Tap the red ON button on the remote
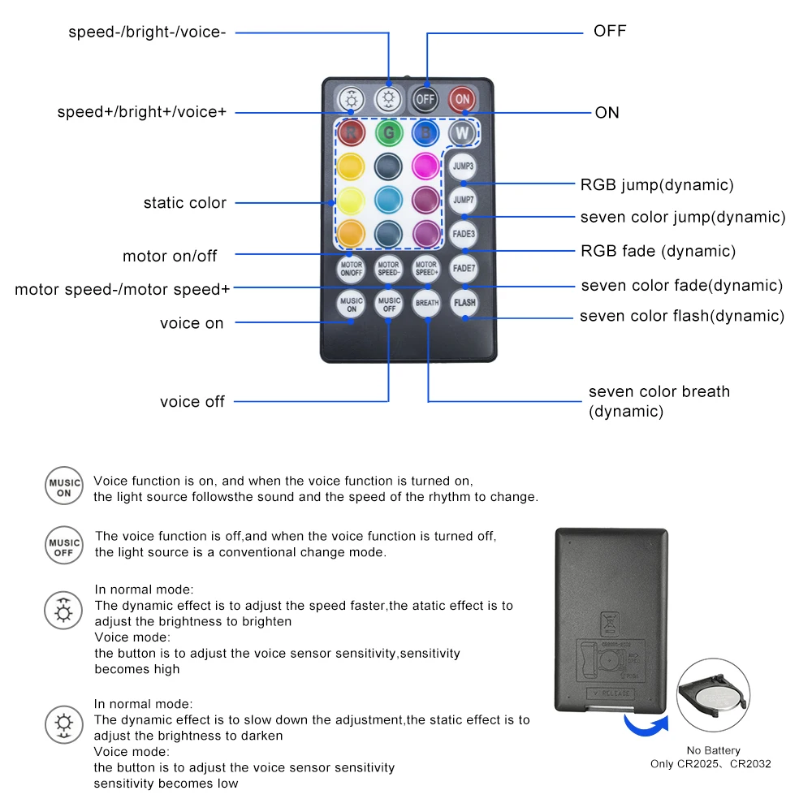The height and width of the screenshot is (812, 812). click(x=462, y=99)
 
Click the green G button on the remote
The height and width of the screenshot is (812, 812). click(x=389, y=132)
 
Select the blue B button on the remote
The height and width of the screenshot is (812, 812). click(x=425, y=132)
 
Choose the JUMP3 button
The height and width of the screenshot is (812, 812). click(x=463, y=166)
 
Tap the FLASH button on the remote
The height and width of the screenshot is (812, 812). click(x=464, y=303)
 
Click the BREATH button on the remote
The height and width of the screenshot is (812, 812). click(x=426, y=303)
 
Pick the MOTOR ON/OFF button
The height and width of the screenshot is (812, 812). click(x=351, y=268)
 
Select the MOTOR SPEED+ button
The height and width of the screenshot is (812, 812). click(x=426, y=268)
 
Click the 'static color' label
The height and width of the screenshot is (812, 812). click(x=185, y=203)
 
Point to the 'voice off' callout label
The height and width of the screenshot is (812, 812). click(x=192, y=401)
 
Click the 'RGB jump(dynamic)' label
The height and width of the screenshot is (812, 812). click(x=657, y=184)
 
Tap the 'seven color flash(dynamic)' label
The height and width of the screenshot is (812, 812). click(x=682, y=316)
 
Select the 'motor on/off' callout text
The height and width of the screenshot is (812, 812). click(x=171, y=256)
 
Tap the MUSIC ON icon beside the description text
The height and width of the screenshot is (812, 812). click(x=64, y=487)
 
